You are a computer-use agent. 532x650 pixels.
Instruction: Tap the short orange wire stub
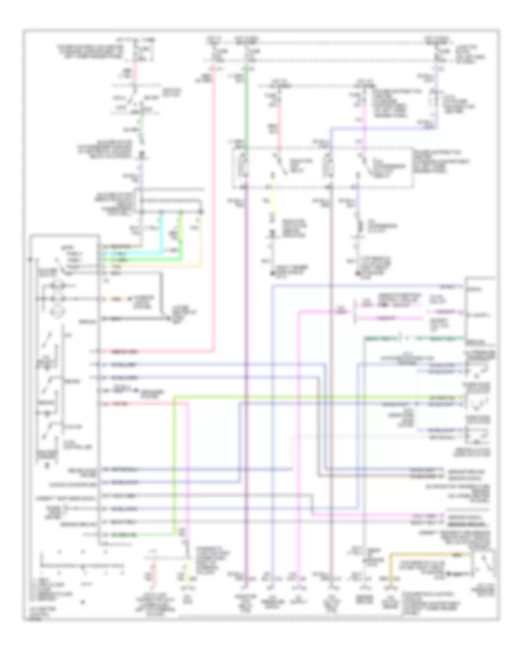112,297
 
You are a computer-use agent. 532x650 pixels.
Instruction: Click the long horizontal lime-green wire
296,396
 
